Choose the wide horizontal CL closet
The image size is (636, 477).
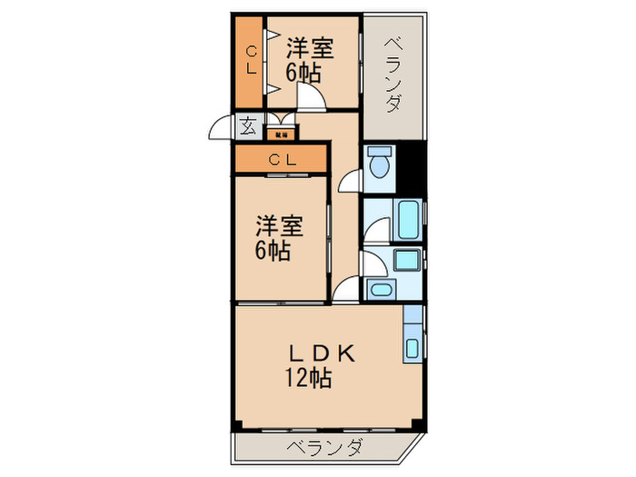pyautogui.click(x=281, y=160)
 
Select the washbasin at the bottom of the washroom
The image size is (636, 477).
pyautogui.click(x=380, y=290)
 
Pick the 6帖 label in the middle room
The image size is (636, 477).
pyautogui.click(x=273, y=251)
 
